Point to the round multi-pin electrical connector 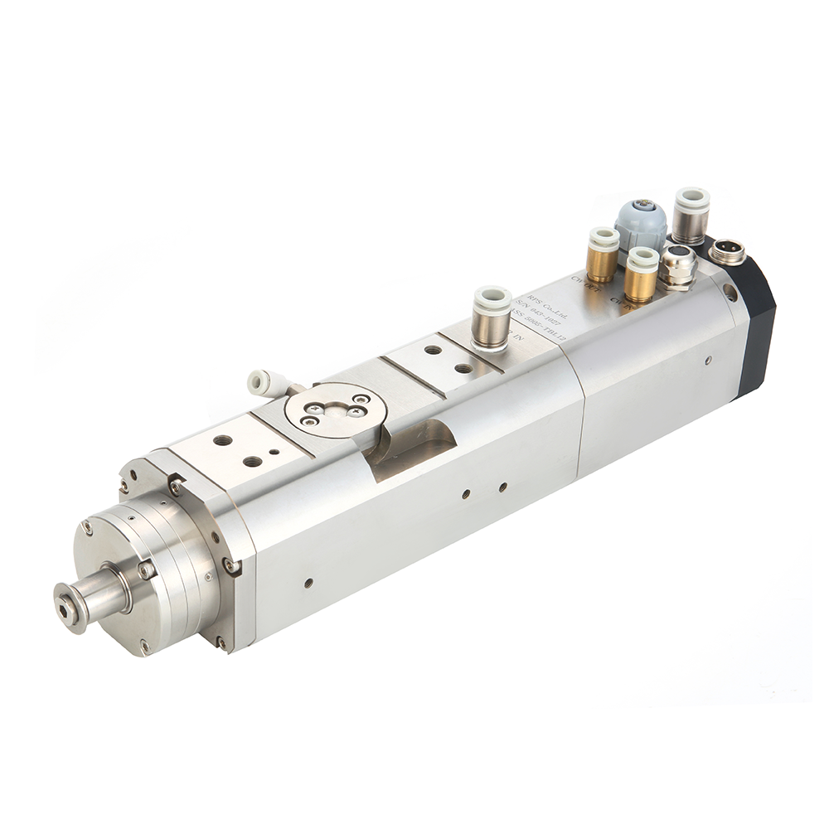point(728,251)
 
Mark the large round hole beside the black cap point(730,293)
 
